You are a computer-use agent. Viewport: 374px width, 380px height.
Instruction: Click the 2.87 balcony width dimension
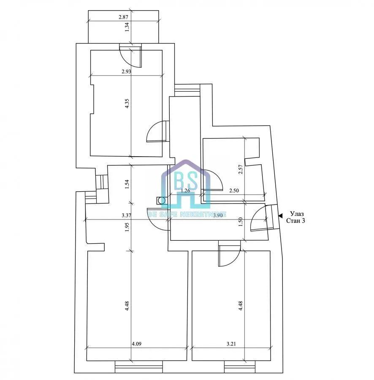(123, 17)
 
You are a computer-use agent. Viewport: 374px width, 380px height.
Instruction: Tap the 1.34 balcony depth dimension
(127, 27)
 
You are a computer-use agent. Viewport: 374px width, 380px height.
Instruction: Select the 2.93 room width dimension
(126, 71)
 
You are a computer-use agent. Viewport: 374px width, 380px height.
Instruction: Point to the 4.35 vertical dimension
(127, 103)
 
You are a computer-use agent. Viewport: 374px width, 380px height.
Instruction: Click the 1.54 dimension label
(127, 184)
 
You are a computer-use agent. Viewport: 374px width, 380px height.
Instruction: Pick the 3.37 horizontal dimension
(127, 215)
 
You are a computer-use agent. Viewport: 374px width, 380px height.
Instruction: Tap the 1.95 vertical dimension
(127, 227)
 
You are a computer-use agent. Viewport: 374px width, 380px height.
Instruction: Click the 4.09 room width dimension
(136, 344)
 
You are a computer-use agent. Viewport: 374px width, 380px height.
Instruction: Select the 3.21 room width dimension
(231, 344)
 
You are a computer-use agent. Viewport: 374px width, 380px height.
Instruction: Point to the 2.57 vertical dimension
(241, 169)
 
